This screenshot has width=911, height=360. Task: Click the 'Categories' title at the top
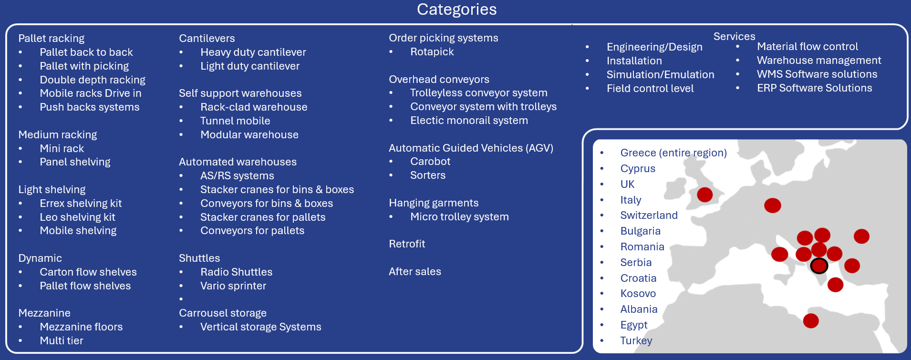click(456, 10)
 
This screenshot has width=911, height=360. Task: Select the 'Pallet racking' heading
click(52, 38)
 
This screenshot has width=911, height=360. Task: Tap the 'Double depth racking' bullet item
click(93, 80)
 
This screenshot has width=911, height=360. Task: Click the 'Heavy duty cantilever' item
click(253, 52)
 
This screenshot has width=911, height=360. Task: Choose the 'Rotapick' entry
click(432, 51)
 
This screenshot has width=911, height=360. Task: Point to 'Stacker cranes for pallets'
click(263, 217)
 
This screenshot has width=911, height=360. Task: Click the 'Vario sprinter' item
click(233, 286)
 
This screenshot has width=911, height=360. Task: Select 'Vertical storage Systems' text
click(261, 327)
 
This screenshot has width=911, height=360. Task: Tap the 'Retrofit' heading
click(407, 244)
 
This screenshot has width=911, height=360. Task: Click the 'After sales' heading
click(415, 271)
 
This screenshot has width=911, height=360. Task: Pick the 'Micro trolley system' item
click(459, 216)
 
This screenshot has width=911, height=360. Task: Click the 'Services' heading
click(734, 36)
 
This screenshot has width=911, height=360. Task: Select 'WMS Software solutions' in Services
click(817, 74)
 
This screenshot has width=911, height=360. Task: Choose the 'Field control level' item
click(650, 88)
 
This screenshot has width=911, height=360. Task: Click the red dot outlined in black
click(819, 266)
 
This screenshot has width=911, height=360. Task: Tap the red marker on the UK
click(704, 195)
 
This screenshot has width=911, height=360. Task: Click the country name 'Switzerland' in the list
click(649, 215)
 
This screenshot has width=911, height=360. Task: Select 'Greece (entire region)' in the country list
click(673, 153)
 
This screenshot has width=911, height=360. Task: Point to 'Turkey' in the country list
click(636, 340)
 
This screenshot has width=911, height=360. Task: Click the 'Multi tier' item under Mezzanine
click(62, 340)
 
